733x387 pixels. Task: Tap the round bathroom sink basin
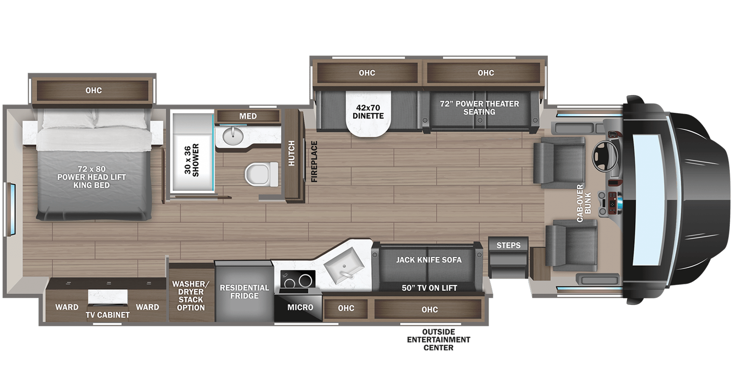[x=234, y=133]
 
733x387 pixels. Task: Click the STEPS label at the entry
[x=508, y=245]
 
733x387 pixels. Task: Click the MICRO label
[x=300, y=307]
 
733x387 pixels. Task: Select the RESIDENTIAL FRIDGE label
[x=244, y=292]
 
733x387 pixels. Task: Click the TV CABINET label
[x=108, y=315]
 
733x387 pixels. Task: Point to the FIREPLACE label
[x=314, y=161]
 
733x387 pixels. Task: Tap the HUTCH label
[x=292, y=153]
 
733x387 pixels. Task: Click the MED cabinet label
[x=248, y=116]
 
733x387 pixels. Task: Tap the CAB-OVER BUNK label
[x=583, y=203]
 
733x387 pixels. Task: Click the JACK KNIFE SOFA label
[x=429, y=259]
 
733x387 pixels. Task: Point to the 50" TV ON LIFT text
[x=429, y=288]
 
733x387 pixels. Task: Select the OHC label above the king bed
[x=94, y=90]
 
